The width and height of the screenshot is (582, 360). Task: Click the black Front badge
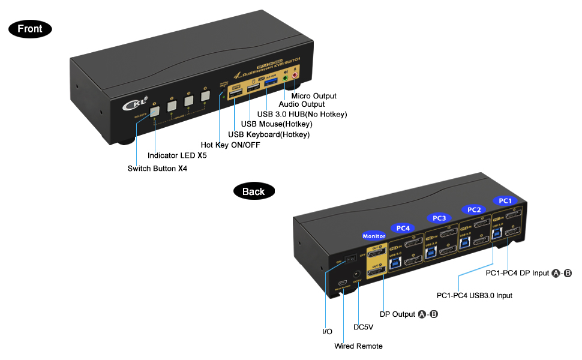[30, 28]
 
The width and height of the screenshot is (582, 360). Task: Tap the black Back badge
[253, 191]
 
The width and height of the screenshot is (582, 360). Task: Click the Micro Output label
[313, 96]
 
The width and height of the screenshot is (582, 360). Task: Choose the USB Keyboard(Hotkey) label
[269, 134]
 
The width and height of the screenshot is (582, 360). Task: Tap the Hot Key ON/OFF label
[230, 145]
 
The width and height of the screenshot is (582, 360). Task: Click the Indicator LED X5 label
[177, 155]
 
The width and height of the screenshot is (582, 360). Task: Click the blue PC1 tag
[505, 200]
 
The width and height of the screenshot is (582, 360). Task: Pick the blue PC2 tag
[474, 209]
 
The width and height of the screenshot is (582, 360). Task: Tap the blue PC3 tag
[439, 217]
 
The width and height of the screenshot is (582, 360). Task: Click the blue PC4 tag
[403, 227]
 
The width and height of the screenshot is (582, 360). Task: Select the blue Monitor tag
[374, 236]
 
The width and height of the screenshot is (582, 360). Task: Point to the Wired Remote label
[358, 346]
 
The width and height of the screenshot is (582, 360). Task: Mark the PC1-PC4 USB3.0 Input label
[475, 295]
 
